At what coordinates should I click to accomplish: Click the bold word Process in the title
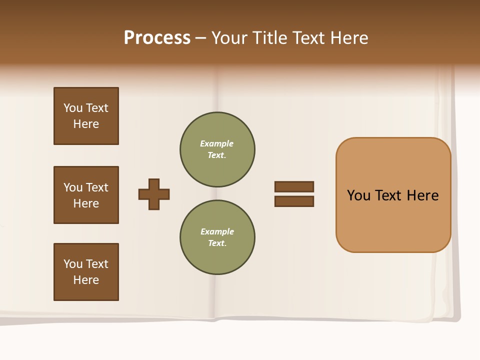[157, 38]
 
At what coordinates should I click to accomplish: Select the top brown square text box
[86, 116]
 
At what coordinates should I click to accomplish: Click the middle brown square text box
[86, 195]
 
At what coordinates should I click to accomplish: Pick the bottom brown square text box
[86, 272]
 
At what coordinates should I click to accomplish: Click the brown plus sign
[154, 194]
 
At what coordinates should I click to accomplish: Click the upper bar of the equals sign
[294, 186]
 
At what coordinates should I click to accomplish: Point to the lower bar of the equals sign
[294, 201]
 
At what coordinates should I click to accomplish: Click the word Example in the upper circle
[216, 143]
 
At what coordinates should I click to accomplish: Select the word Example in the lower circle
[217, 231]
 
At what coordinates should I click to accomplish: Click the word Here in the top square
[86, 124]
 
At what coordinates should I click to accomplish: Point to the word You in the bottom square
[73, 264]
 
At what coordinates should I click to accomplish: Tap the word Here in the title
[348, 38]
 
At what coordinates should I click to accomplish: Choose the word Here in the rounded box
[422, 195]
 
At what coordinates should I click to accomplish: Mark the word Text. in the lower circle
[217, 243]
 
